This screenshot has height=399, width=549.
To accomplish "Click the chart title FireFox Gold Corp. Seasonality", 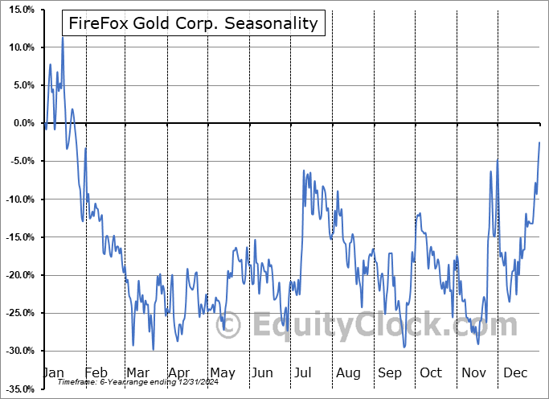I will [194, 23].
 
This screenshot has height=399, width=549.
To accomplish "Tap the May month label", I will [223, 373].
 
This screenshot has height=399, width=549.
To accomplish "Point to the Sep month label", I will [390, 373].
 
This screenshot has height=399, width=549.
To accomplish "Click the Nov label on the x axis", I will [473, 373].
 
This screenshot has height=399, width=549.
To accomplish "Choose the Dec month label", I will [514, 373].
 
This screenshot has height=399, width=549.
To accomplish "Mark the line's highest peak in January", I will [63, 38].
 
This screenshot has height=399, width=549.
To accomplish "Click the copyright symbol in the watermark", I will [229, 325].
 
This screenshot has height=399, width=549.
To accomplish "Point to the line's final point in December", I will [539, 142].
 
